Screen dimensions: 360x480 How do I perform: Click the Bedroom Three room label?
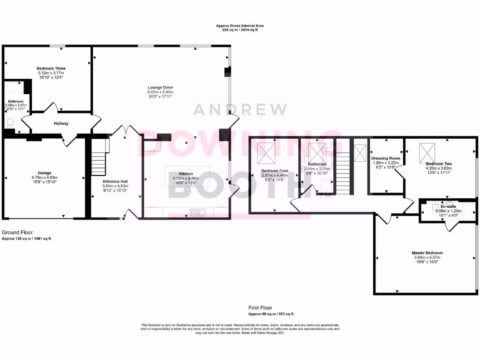pos(51,68)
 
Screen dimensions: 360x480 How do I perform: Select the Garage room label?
pos(45,173)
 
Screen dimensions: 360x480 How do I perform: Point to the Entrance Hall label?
pos(115,181)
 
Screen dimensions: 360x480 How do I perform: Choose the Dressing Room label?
pos(386,158)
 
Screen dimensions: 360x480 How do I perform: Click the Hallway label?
pos(61,124)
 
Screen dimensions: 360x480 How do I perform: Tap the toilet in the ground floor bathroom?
pos(10,123)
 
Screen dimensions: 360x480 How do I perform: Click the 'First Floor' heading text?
pos(260,308)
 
